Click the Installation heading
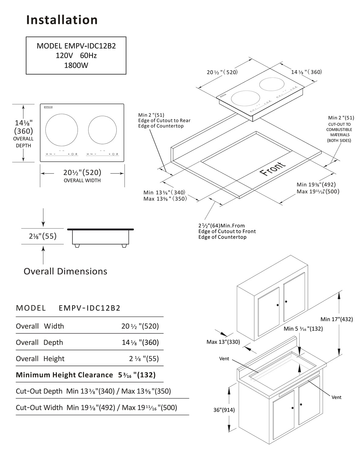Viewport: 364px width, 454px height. click(x=62, y=20)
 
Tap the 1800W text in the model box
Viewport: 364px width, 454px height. click(x=76, y=65)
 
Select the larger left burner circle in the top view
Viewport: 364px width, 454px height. click(x=62, y=130)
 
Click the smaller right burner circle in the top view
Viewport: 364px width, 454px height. click(x=103, y=130)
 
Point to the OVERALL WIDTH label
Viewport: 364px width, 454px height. click(x=82, y=181)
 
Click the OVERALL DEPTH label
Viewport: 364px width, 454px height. click(x=23, y=142)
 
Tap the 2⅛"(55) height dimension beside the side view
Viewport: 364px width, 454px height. click(x=43, y=236)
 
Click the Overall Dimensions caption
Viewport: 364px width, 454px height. click(x=65, y=271)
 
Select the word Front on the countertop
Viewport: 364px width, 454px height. click(x=273, y=169)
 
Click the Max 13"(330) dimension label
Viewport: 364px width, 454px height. click(x=223, y=342)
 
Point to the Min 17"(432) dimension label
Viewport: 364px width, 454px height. click(x=337, y=319)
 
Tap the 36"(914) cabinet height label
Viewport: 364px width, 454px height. click(x=224, y=410)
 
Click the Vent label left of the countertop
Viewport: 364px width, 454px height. click(x=224, y=359)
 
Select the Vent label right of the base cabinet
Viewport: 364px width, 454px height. click(x=336, y=397)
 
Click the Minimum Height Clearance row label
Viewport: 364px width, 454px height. click(x=64, y=375)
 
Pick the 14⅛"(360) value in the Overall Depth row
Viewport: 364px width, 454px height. click(x=140, y=343)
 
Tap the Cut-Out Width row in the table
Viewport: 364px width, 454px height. click(x=96, y=408)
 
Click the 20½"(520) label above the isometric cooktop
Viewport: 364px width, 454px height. click(x=222, y=72)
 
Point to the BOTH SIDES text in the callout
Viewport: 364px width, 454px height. click(x=339, y=140)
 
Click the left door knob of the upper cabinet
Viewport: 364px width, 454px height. click(x=278, y=305)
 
